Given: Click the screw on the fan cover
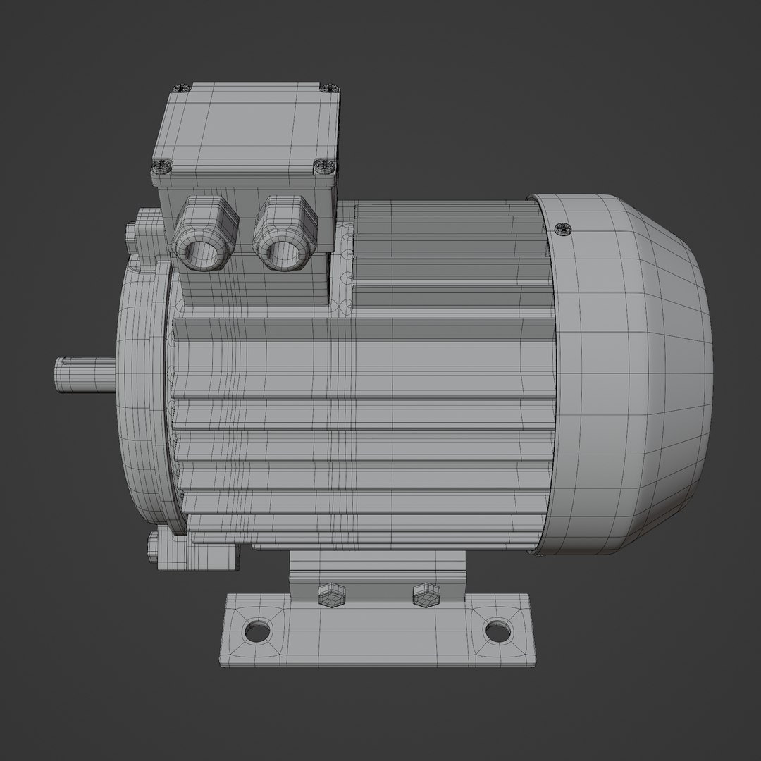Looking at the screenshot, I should pyautogui.click(x=562, y=228).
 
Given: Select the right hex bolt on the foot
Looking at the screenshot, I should pyautogui.click(x=425, y=595).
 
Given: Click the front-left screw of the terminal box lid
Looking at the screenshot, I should pyautogui.click(x=161, y=168).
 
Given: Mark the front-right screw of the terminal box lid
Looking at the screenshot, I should pyautogui.click(x=323, y=167).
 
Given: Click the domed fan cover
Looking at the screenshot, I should pyautogui.click(x=634, y=373).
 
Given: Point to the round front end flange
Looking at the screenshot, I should pyautogui.click(x=141, y=395).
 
